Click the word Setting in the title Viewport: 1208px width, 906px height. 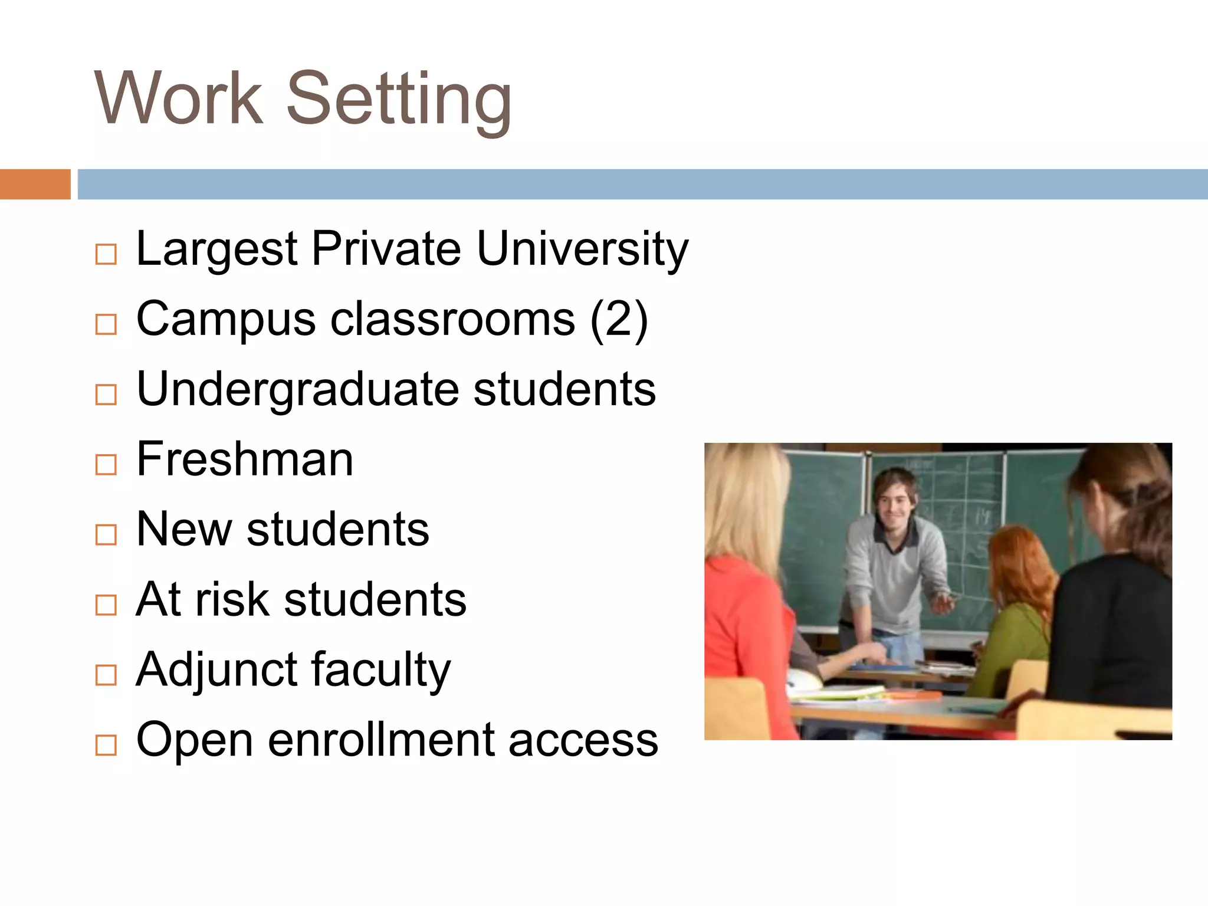pos(399,99)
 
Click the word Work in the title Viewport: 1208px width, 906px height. pos(178,99)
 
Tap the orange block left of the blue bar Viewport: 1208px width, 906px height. pos(35,184)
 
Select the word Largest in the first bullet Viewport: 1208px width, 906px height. pos(216,250)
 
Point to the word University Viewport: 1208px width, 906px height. pos(582,250)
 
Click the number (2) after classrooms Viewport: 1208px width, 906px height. pos(619,320)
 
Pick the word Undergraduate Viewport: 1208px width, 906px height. pos(298,390)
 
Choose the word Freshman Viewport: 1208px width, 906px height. pos(245,459)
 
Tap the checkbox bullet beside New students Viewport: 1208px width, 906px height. pos(106,535)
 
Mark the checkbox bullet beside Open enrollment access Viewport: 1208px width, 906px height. pos(106,746)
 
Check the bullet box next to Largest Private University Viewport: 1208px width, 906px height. pos(106,255)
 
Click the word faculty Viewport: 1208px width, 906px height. pos(381,671)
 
